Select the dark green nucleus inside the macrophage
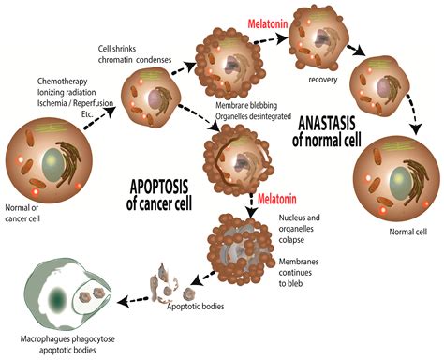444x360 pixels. tap(58, 301)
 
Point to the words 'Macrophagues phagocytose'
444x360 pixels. tap(78, 340)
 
